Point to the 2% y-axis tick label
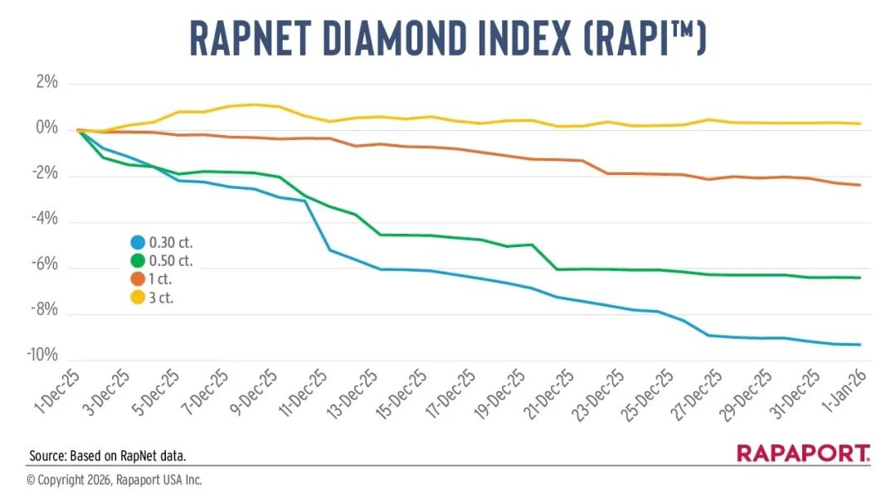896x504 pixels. point(46,83)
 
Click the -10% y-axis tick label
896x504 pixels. point(41,356)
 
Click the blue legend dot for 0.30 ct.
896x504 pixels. point(138,243)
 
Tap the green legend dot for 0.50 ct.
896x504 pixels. point(138,260)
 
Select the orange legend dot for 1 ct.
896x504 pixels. point(138,279)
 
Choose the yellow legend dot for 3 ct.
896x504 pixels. point(138,296)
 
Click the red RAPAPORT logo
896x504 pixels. point(803,453)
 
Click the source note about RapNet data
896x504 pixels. point(107,455)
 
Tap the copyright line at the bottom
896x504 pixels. point(114,480)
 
